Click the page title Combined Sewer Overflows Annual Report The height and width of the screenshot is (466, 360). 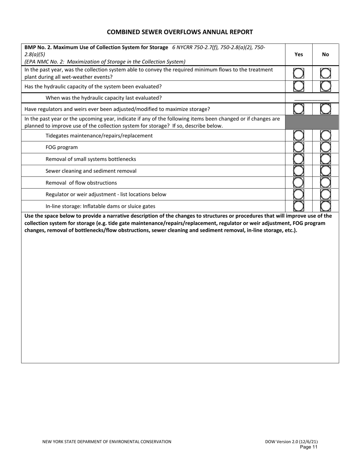(180, 32)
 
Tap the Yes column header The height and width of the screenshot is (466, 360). (299, 55)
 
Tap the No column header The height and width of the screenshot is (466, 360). (325, 55)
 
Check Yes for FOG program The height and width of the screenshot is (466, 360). (299, 147)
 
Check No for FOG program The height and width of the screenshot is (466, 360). (326, 147)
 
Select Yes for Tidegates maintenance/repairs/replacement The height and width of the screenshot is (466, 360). (299, 136)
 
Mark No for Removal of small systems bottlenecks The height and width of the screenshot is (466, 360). (326, 159)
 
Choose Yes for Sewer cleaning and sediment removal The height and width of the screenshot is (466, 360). (299, 171)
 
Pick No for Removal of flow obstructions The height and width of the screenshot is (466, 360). (326, 183)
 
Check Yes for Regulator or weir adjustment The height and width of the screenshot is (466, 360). (299, 194)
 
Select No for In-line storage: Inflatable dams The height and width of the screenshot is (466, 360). (326, 206)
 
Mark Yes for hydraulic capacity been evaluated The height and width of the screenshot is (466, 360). (299, 86)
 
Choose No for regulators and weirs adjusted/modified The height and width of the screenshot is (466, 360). (326, 109)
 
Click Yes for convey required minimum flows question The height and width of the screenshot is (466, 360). (299, 73)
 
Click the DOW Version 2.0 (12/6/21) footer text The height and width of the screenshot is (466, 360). (294, 441)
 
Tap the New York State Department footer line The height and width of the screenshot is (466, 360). (106, 441)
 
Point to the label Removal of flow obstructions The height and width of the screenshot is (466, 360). (81, 183)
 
